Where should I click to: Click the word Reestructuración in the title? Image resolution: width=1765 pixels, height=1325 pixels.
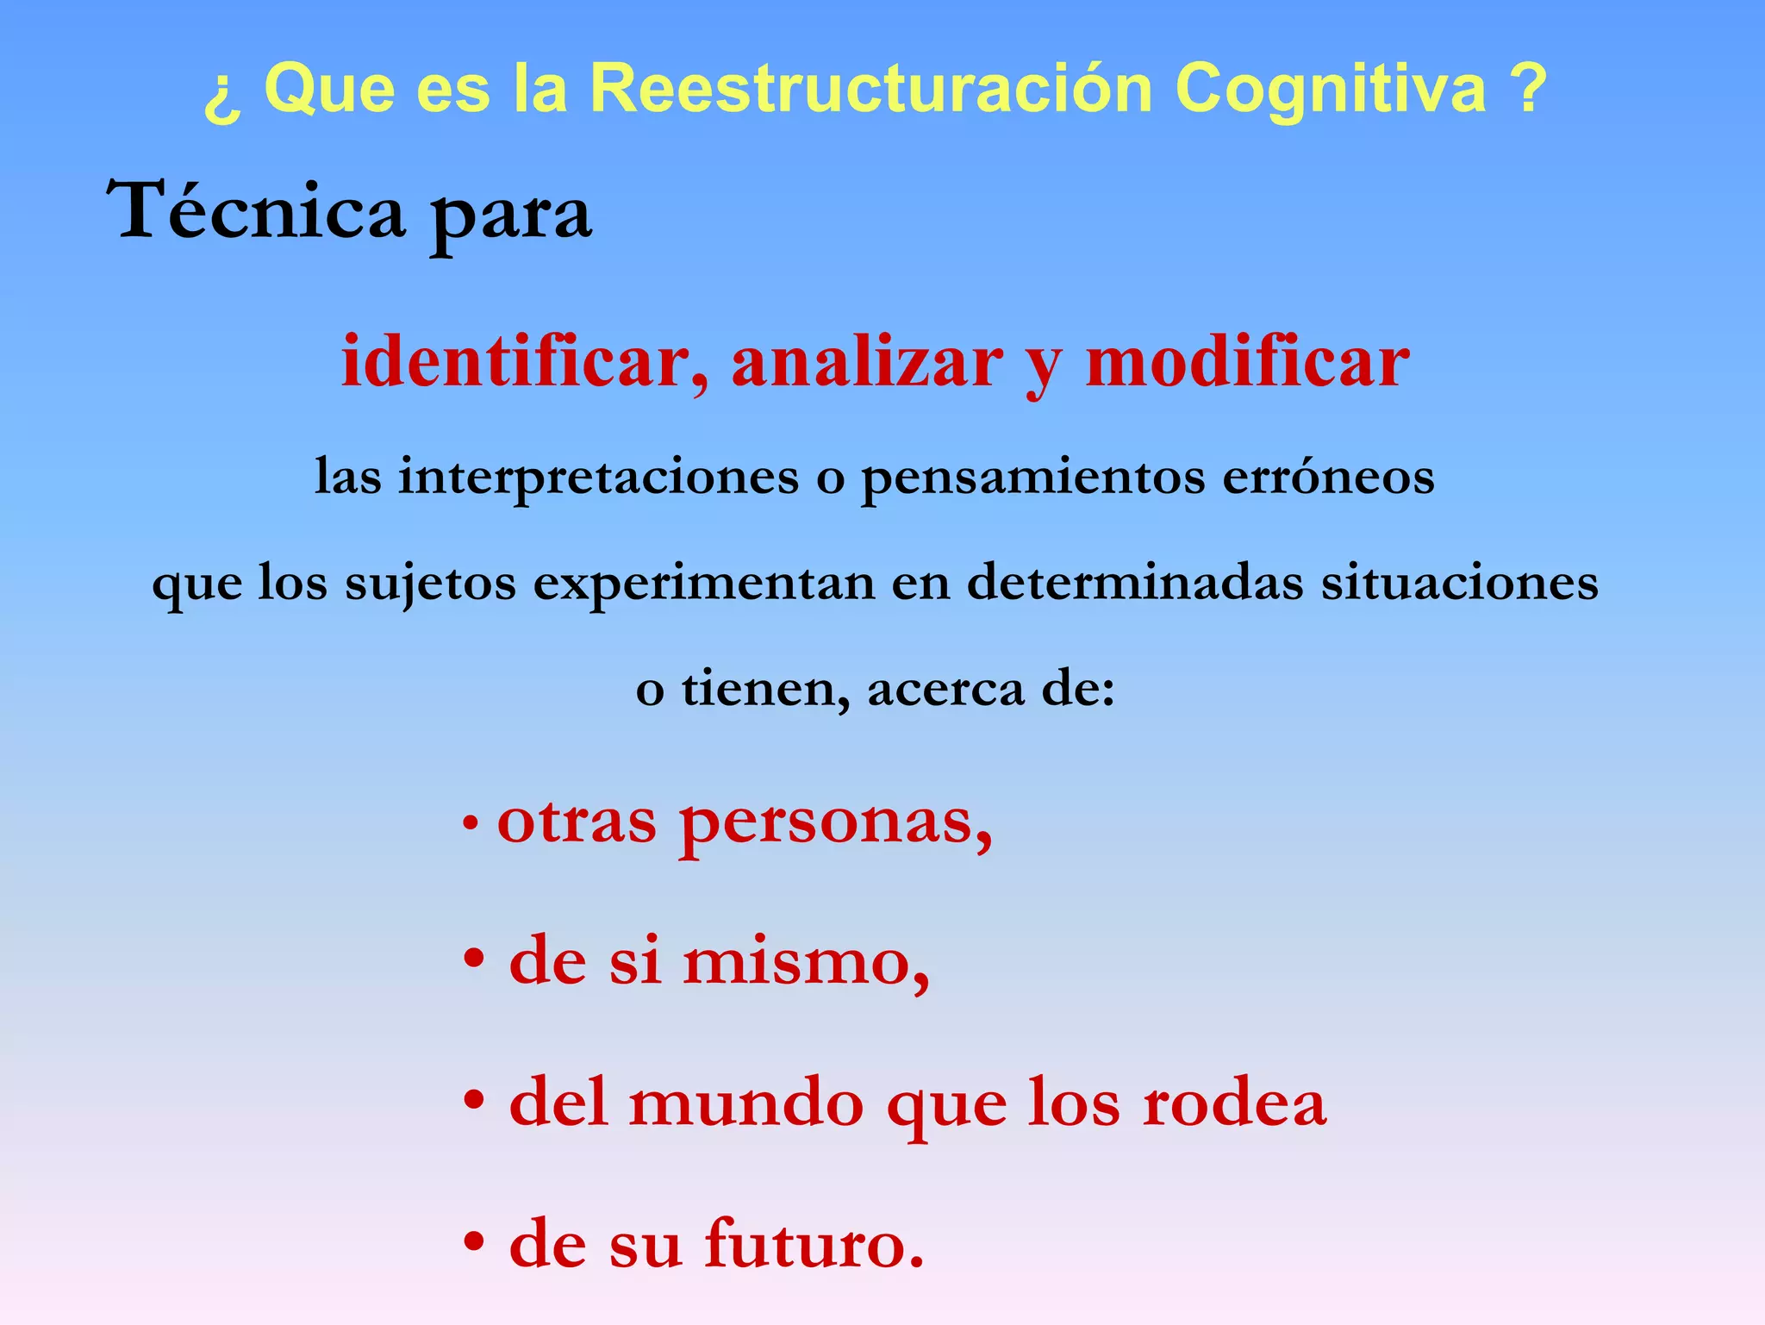871,88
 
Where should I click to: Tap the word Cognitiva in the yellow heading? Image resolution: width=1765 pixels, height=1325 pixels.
1331,88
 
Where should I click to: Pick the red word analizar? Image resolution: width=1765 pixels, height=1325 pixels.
867,362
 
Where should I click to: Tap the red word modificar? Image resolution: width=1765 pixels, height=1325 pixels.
1247,362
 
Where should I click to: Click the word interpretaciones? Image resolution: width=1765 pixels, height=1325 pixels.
598,476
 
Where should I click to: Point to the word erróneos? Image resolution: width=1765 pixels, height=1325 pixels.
1328,476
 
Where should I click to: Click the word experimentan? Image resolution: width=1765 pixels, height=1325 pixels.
703,583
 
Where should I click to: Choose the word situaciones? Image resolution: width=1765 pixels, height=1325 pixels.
1460,583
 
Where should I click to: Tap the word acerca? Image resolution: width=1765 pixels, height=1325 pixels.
945,689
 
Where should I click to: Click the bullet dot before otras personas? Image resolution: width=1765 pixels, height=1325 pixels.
471,824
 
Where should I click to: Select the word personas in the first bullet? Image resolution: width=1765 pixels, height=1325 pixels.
835,822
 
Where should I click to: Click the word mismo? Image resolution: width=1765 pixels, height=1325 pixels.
807,961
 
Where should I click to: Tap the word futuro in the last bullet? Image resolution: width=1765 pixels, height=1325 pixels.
814,1243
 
